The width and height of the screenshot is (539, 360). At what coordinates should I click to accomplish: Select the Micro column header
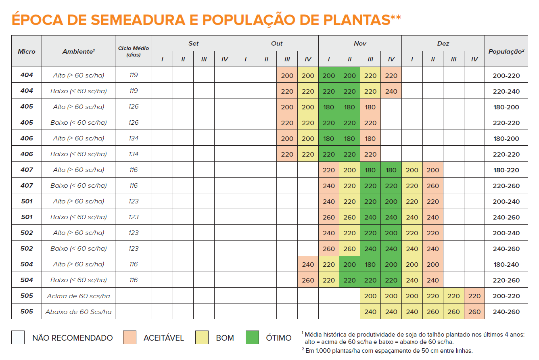coord(27,51)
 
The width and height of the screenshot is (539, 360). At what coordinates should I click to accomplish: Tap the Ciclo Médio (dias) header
coord(133,51)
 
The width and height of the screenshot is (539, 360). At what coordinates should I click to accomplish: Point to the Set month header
coord(193,43)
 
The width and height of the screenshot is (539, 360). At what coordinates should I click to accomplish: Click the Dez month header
coord(443,43)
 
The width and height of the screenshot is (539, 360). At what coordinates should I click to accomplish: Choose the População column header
coord(506,51)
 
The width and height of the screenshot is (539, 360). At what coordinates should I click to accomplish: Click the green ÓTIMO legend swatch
coord(252,337)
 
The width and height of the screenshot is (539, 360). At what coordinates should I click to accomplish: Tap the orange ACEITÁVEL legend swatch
coord(130,337)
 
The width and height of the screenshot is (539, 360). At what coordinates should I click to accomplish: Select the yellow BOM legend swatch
coord(202,337)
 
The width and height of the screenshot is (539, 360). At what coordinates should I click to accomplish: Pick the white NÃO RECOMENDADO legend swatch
coord(18,337)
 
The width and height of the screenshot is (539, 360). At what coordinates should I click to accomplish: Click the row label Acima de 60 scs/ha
coord(78,296)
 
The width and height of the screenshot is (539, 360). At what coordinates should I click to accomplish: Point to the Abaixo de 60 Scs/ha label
coord(78,312)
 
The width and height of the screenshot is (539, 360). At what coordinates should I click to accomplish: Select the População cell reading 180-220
coord(506,170)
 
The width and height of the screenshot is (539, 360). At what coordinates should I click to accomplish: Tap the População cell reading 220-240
coord(506,91)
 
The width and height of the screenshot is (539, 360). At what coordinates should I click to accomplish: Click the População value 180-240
coord(506,264)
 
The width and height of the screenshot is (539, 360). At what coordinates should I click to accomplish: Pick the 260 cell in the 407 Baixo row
coord(432,186)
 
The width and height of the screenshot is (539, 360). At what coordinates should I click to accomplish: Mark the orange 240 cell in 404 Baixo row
coord(391,91)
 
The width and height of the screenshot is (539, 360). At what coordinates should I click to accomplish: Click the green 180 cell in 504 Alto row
coord(370,264)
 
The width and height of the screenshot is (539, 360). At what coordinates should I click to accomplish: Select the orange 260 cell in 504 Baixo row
coord(308,280)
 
